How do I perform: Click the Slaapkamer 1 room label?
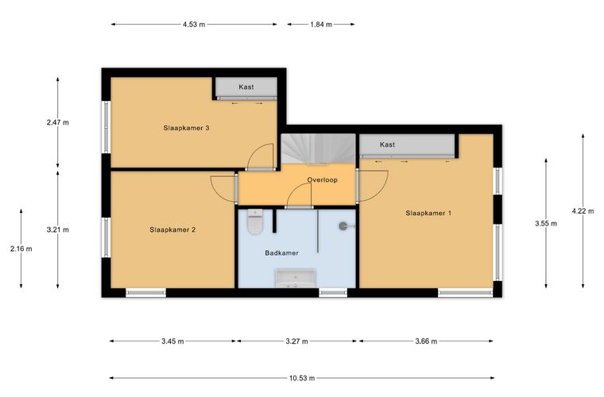tap(428, 213)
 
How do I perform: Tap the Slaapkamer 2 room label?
tap(172, 230)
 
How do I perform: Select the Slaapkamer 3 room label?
tap(186, 128)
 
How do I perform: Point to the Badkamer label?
tap(281, 253)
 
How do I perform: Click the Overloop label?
tap(323, 180)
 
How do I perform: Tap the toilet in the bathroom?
tap(255, 222)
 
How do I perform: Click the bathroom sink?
tap(296, 278)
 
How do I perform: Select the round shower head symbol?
tap(343, 226)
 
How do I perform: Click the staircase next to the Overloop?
tap(318, 148)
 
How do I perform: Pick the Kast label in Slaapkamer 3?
tap(246, 87)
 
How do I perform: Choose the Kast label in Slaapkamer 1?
tap(387, 145)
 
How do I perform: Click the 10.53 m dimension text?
tap(302, 378)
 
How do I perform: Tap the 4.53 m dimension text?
tap(194, 25)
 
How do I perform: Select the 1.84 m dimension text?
tap(321, 25)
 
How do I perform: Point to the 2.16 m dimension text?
tap(21, 249)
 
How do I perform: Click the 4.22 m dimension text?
tap(583, 211)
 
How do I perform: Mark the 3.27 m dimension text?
tap(296, 341)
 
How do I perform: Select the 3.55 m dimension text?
tap(546, 223)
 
